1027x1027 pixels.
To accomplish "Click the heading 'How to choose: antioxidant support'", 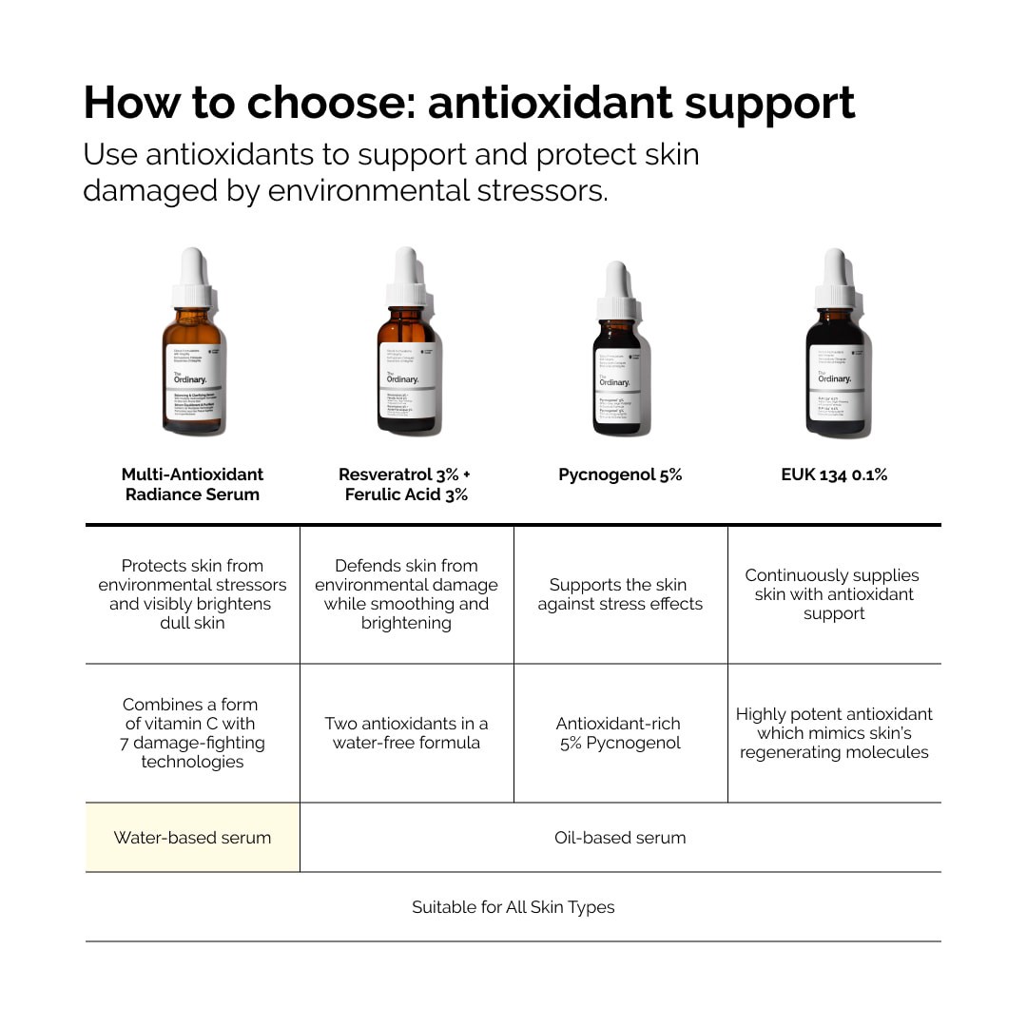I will click(x=470, y=103).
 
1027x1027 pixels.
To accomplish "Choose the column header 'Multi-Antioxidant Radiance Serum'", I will click(x=192, y=484).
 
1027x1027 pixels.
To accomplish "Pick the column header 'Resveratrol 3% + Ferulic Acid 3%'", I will click(x=406, y=484).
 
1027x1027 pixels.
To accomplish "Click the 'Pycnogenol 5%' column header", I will click(x=620, y=475).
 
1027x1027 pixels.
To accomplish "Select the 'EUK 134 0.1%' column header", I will click(x=834, y=475).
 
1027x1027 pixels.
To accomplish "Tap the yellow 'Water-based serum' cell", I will click(x=192, y=838).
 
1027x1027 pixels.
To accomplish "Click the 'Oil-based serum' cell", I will click(x=620, y=838).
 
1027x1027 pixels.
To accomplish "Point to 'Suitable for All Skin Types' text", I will click(x=513, y=907).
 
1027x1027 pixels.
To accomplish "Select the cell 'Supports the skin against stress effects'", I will click(x=620, y=594).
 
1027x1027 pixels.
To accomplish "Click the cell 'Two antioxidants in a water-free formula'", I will click(x=406, y=733).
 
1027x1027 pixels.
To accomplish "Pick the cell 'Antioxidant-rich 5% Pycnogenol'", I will click(x=620, y=733).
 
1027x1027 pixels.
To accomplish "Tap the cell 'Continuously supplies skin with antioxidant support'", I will click(x=834, y=594).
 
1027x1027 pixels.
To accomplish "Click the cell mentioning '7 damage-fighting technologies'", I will click(x=192, y=733).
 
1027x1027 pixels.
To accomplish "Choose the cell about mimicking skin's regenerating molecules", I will click(x=834, y=733).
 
